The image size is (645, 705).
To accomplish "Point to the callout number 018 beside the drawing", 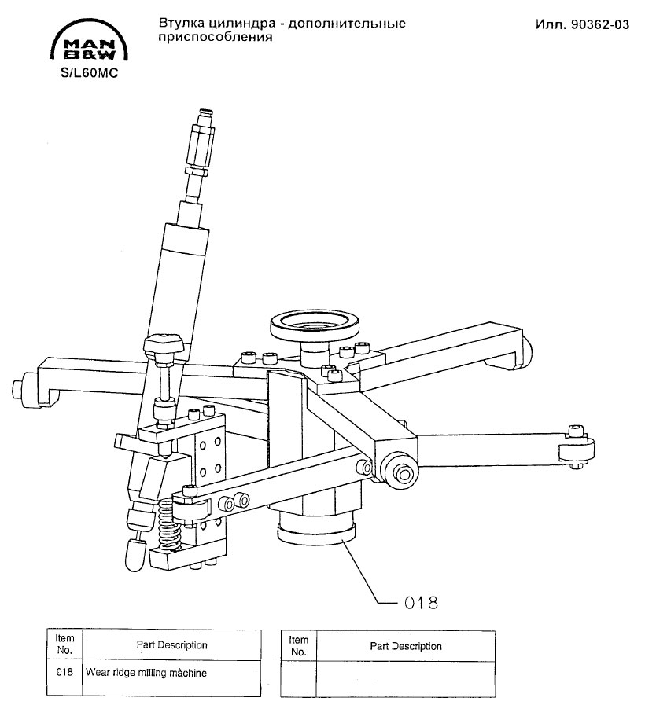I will point(420,603).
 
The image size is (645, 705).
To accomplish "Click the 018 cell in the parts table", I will point(65,673).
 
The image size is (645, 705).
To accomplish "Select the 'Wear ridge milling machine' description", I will point(146,673).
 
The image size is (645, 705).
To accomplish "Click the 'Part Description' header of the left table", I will point(171,645).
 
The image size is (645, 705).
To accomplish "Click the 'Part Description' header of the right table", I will point(406,646).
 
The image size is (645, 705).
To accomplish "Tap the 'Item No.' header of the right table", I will point(298,646).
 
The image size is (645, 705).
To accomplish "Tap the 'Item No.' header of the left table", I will point(65,645).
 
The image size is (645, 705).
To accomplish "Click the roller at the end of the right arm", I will point(576,450).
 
